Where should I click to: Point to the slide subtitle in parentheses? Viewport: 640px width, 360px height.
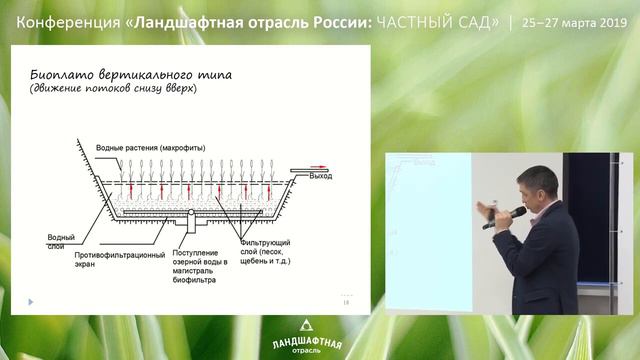point(114,90)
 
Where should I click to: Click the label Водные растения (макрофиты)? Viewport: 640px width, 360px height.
point(150,148)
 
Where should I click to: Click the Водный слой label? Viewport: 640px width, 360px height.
point(60,241)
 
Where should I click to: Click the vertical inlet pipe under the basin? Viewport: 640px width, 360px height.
point(186,222)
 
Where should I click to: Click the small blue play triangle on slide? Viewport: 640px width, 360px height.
point(31,301)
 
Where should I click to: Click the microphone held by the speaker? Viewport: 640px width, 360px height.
point(506,214)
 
